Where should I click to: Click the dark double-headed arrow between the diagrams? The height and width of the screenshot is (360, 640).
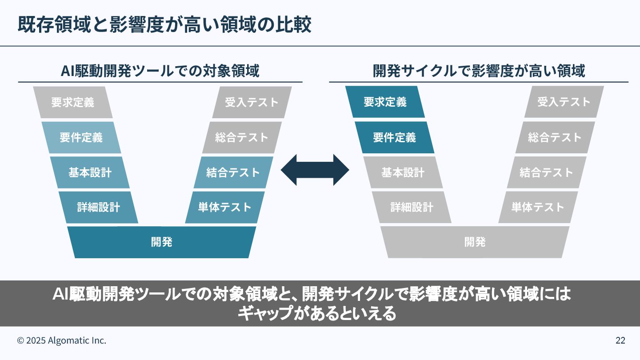[x=315, y=170]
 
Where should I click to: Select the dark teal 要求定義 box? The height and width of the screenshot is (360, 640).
[x=385, y=102]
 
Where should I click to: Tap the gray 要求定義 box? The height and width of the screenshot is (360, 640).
[x=72, y=102]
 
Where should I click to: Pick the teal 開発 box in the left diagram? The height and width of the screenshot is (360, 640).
[x=161, y=242]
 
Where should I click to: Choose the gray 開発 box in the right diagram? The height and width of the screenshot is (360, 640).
[x=475, y=242]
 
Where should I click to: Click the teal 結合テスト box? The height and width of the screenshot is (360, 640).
[x=233, y=172]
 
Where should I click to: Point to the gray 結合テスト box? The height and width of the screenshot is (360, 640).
[x=546, y=172]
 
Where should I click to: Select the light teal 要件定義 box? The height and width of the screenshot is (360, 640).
[x=81, y=137]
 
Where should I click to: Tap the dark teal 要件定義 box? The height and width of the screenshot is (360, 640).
[x=394, y=137]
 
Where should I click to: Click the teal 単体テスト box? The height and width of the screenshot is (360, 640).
[x=224, y=207]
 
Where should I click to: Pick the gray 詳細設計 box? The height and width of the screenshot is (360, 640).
[x=412, y=207]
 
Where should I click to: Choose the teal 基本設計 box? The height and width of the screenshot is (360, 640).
[x=90, y=172]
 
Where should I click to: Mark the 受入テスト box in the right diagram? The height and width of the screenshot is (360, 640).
[x=564, y=102]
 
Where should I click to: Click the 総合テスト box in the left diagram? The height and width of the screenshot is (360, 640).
[x=242, y=137]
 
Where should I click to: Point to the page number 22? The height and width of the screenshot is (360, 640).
[x=620, y=340]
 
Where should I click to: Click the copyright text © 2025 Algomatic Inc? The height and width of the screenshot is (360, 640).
[x=62, y=340]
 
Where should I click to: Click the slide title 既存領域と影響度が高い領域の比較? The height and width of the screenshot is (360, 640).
[x=164, y=25]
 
